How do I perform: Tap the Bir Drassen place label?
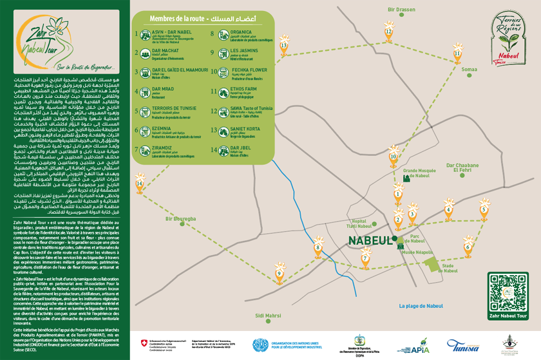[401, 10]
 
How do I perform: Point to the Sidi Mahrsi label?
[268, 316]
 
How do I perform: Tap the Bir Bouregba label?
[180, 218]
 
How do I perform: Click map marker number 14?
[140, 184]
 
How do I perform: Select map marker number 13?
[283, 46]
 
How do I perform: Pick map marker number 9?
[280, 274]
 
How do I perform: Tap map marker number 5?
[484, 209]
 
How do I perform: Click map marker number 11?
[457, 53]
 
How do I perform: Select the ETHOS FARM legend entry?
[243, 91]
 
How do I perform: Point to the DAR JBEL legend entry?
[241, 149]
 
